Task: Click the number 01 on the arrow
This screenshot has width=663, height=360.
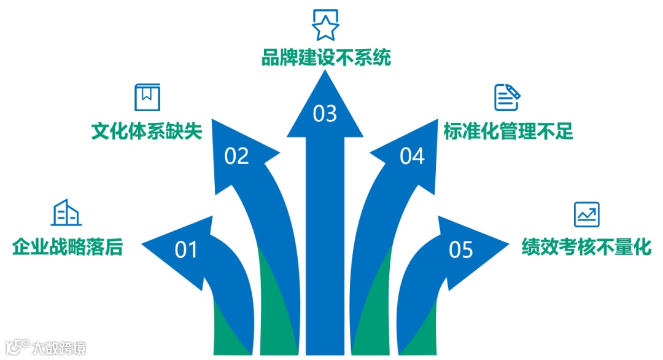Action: (186, 250)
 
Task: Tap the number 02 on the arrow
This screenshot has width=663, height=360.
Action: (236, 157)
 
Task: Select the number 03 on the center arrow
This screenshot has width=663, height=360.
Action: (325, 114)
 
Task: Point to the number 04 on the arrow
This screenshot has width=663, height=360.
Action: (412, 157)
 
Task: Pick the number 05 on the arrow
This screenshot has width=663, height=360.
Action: (461, 250)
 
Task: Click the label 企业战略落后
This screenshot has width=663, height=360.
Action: (68, 247)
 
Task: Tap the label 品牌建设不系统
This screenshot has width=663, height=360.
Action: (325, 58)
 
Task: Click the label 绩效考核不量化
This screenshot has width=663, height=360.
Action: (586, 247)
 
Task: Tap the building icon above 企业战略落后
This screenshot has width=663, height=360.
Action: (67, 213)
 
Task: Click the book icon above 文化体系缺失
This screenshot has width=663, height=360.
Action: (147, 97)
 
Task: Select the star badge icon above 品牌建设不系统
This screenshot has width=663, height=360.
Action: (325, 25)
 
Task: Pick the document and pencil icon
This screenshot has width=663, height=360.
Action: (507, 97)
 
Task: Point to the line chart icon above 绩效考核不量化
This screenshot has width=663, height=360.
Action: (586, 214)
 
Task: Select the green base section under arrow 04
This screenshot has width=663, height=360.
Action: (374, 307)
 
